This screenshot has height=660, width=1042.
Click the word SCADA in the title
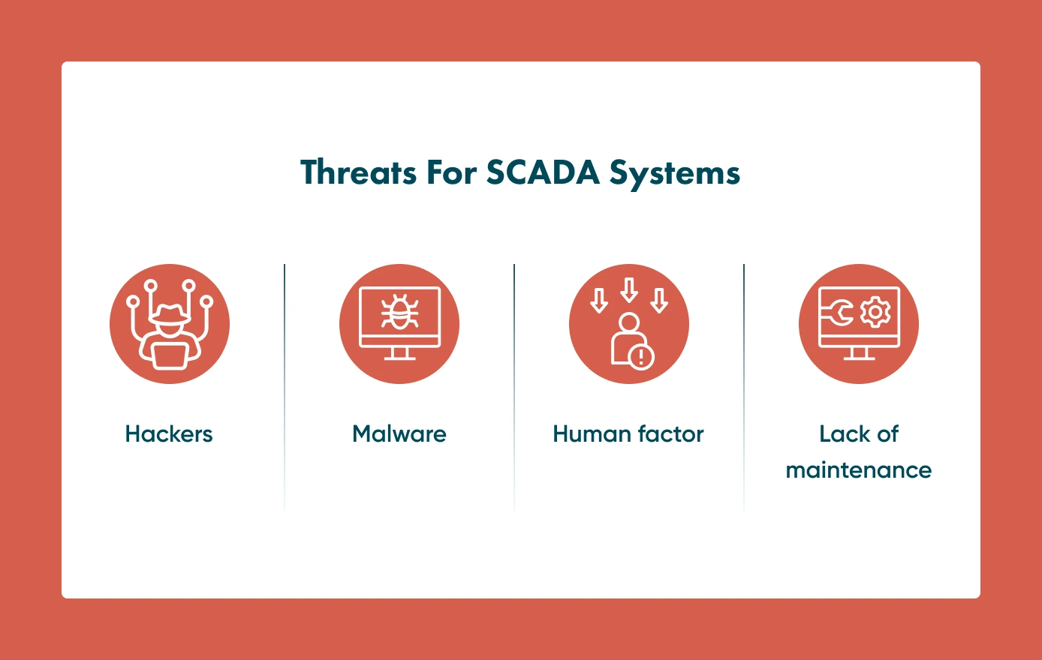click(543, 172)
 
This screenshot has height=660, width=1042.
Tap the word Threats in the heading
click(358, 172)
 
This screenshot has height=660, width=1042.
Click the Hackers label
click(169, 433)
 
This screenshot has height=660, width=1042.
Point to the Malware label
click(399, 433)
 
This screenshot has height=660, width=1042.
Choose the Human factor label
click(628, 433)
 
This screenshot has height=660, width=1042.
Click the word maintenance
click(858, 470)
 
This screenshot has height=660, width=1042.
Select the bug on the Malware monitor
click(399, 313)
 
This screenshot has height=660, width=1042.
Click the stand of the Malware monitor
click(399, 353)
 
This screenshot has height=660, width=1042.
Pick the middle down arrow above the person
click(629, 289)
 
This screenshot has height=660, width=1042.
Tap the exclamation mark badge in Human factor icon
click(641, 356)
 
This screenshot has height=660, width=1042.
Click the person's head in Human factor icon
click(629, 322)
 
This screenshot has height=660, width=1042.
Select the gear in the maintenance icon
click(875, 313)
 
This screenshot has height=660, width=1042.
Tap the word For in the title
click(451, 172)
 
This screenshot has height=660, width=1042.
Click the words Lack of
click(858, 433)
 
